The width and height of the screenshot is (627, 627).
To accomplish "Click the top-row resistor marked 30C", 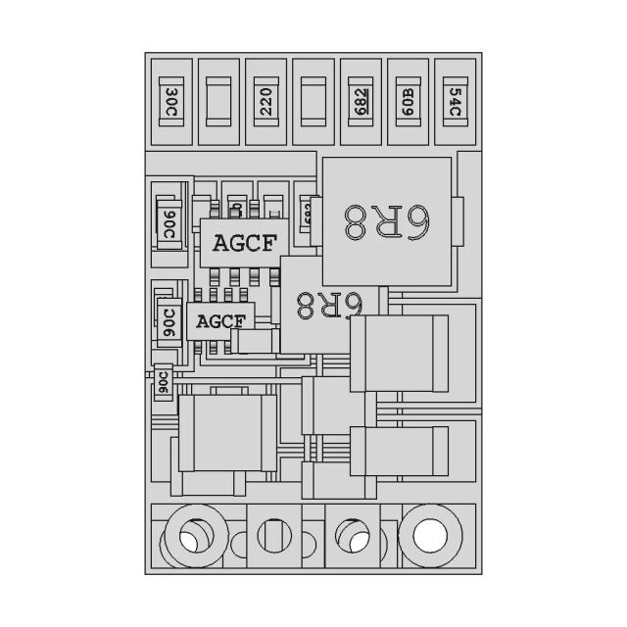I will tap(172, 101).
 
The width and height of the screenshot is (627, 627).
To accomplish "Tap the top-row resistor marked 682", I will tap(361, 101).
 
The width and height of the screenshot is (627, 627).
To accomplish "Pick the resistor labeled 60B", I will tap(408, 101).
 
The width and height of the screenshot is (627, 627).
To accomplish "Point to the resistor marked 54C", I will tap(455, 101).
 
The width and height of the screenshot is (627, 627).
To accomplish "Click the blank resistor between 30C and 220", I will tap(219, 101).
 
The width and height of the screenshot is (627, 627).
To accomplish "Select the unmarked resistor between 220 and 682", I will tap(313, 101).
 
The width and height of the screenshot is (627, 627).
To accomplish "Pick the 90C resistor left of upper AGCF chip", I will tap(169, 225).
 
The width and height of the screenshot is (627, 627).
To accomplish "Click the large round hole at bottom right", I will tap(428, 536).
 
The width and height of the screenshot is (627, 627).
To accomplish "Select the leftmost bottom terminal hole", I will tap(187, 537).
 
